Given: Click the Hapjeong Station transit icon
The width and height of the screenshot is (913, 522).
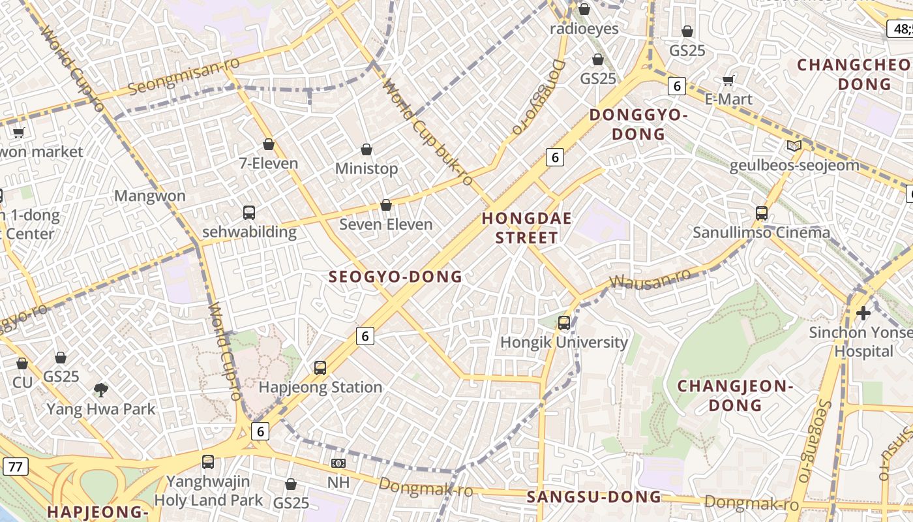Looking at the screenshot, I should click(320, 367).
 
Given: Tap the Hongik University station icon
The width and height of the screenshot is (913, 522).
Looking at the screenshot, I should click(564, 322).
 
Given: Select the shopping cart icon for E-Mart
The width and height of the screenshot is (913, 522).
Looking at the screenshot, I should click(728, 80).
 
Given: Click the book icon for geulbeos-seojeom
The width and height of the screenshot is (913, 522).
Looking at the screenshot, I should click(794, 146).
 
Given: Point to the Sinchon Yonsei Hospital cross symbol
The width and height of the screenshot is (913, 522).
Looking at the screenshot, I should click(863, 313).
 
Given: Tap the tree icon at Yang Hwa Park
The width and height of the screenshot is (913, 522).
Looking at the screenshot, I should click(101, 390).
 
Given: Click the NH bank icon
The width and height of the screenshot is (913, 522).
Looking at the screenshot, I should click(338, 463).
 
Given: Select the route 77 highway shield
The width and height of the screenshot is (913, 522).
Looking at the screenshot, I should click(15, 466).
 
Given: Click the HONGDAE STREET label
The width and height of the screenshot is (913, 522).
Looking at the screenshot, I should click(526, 228).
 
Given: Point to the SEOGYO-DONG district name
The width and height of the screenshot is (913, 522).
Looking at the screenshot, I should click(395, 277).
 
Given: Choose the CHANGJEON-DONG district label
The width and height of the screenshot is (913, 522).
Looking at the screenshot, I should click(735, 395).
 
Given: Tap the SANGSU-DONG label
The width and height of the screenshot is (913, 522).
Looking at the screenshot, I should click(593, 497).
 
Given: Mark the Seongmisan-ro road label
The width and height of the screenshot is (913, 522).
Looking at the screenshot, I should click(184, 76).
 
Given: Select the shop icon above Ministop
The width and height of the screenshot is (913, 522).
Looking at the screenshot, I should click(367, 149).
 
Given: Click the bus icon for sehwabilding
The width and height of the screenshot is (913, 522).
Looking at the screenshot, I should click(249, 212).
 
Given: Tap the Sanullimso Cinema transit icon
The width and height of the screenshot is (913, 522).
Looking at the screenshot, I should click(761, 213).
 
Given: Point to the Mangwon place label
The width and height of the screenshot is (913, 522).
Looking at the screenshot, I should click(149, 196).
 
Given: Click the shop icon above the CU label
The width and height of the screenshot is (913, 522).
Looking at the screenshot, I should click(22, 363).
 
